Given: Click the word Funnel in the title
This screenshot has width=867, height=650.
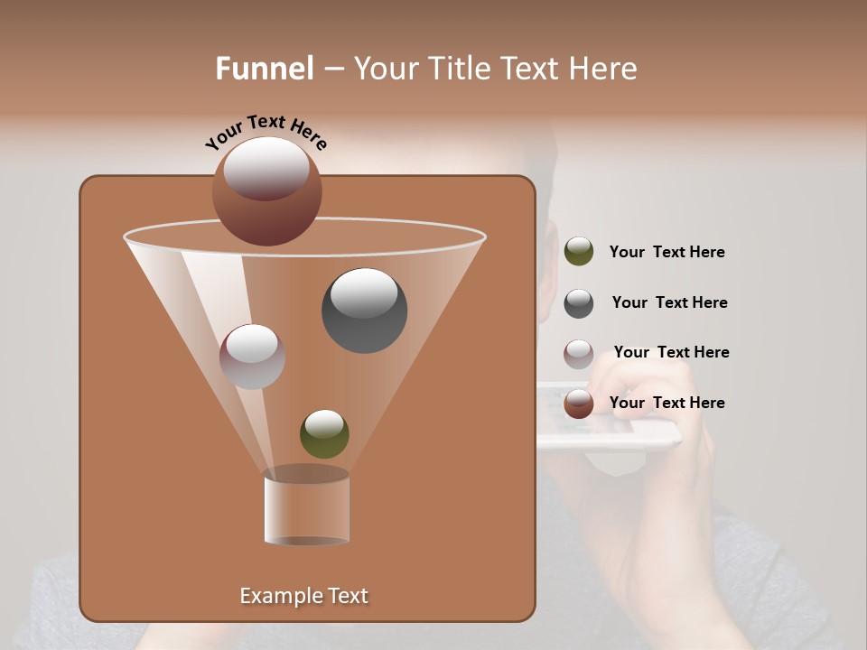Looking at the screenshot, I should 265,69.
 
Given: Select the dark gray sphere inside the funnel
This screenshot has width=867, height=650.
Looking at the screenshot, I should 365,311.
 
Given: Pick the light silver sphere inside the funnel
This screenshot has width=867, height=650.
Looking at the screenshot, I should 252,357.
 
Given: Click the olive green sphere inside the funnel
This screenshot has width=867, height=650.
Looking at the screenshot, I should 324,433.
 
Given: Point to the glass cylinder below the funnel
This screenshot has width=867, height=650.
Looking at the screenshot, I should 306,508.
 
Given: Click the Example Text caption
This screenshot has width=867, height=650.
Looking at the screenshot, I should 304,596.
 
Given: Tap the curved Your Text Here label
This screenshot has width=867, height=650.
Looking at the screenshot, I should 266,130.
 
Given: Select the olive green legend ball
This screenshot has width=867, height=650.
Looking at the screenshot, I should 579,252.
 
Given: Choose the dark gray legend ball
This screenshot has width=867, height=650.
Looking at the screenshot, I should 579,303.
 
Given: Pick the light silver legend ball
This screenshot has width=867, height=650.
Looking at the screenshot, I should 579,354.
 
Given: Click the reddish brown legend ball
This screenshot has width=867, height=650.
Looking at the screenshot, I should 579,404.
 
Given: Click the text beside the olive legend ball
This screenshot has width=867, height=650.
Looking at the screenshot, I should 667,253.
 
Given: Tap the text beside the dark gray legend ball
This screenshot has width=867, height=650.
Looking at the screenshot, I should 669,302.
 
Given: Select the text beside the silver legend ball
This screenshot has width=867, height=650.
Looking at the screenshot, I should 671,352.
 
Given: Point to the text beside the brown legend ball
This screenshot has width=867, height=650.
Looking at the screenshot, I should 667,403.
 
